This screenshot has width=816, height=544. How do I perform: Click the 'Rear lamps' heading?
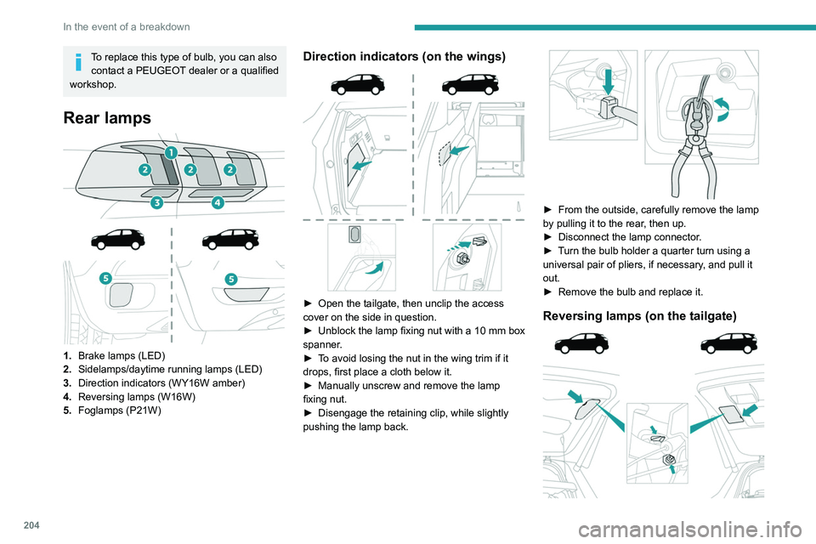[107, 117]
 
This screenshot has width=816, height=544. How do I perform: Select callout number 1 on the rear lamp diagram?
[170, 153]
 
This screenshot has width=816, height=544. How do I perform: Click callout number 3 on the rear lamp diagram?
[157, 203]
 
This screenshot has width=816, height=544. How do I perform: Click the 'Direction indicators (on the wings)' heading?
[405, 57]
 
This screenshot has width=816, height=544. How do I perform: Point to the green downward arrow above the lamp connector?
[609, 84]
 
